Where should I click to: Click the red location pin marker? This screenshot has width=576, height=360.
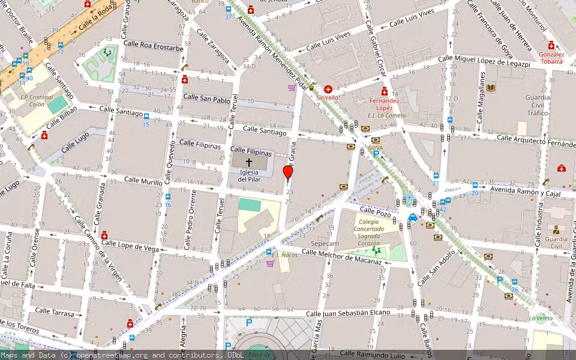(x=288, y=173)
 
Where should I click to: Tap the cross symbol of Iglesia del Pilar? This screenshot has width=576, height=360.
(x=249, y=163)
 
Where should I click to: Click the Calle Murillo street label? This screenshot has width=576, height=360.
(x=143, y=180)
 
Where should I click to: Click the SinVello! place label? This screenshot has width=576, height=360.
(x=328, y=97)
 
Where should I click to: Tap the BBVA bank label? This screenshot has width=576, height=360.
(x=376, y=148)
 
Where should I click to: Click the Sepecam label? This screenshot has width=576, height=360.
(x=325, y=244)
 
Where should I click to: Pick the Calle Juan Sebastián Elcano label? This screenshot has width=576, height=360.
(x=348, y=313)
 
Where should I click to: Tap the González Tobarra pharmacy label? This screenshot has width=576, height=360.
(x=551, y=57)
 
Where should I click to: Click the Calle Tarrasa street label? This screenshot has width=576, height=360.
(x=55, y=313)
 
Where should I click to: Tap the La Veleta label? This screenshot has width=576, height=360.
(x=541, y=318)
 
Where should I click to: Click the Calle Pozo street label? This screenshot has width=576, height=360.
(x=376, y=211)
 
